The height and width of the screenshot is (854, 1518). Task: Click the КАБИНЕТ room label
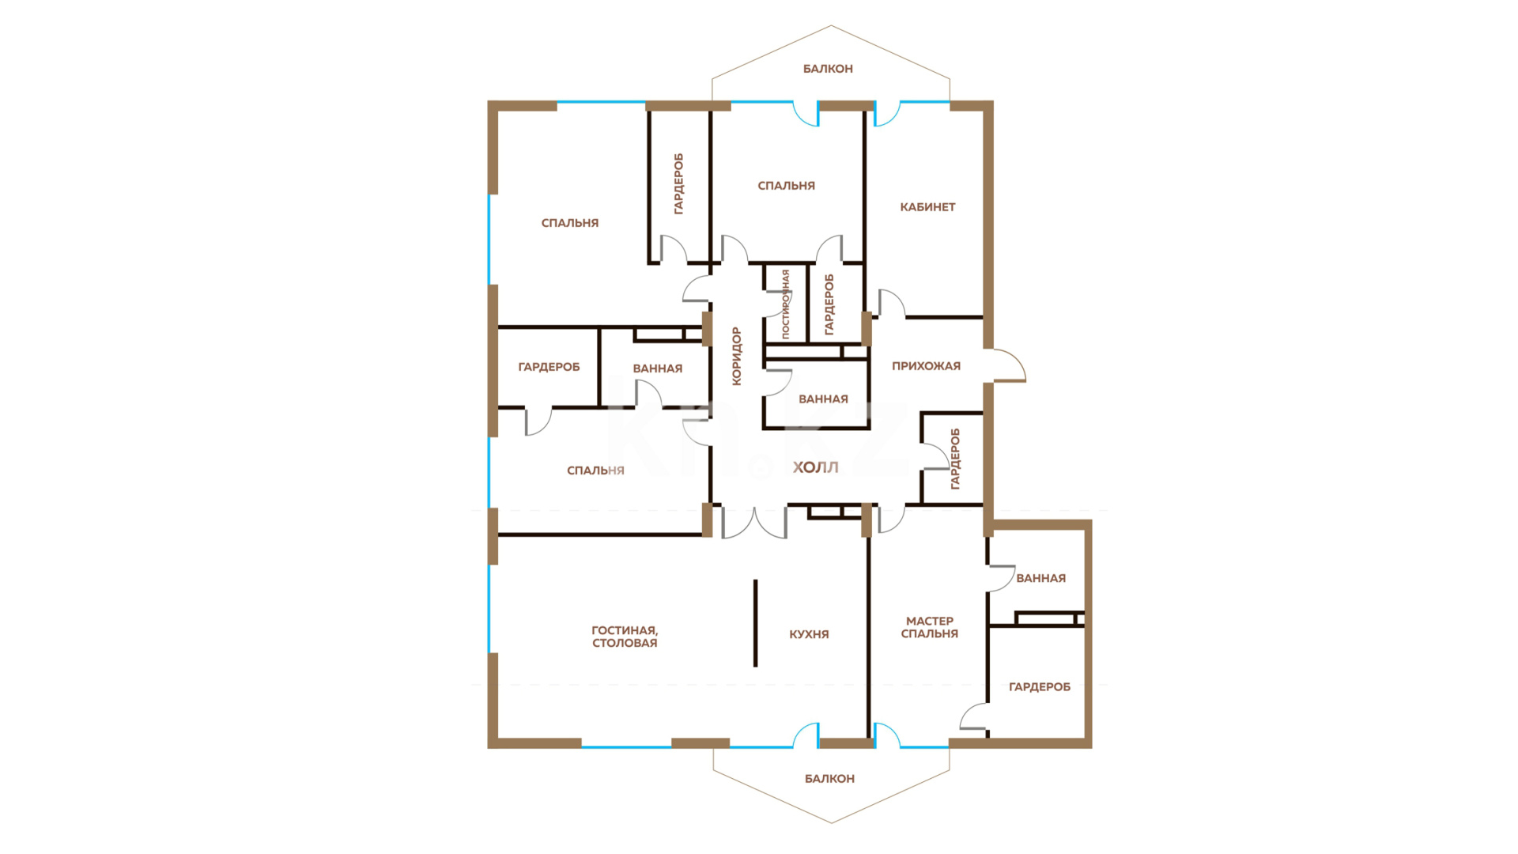pos(927,207)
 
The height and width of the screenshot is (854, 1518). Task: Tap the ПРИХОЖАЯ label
pos(926,366)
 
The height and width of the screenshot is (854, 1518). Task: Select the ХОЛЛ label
pos(815,467)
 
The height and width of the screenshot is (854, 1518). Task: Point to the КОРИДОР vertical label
pos(737,356)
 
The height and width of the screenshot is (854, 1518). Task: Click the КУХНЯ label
pos(809,634)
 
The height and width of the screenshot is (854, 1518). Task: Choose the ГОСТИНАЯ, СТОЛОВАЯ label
pos(625,637)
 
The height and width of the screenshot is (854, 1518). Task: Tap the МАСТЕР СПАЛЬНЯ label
pos(930,627)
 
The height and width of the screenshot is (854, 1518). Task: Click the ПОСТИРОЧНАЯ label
pos(785,304)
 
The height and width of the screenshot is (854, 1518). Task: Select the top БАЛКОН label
pos(828,69)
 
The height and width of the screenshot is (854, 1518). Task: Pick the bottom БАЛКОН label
pos(829,779)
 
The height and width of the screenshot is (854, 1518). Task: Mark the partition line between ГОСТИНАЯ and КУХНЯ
pos(755,623)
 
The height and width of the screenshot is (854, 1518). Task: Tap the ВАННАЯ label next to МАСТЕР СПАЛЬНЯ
pos(1040,578)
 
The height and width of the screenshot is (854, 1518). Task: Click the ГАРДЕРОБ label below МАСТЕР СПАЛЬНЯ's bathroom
pos(1040,687)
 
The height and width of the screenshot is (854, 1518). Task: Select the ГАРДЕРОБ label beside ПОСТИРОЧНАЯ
pos(829,304)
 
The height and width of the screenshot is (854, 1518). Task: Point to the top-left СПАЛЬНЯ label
pos(570,223)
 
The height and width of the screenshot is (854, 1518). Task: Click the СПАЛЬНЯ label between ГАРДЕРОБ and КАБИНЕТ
pos(786,186)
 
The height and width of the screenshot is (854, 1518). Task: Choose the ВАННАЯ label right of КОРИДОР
pos(823,399)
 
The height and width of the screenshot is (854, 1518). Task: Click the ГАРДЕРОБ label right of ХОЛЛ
pos(955,459)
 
